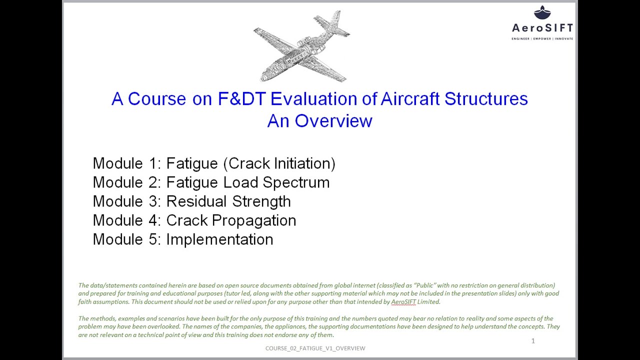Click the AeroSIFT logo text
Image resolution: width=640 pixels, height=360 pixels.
coord(542,28)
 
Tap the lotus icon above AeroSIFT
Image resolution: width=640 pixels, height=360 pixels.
coord(542,12)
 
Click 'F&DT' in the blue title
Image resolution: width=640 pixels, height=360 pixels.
coord(242,99)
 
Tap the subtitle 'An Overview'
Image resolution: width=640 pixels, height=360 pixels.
coord(319,121)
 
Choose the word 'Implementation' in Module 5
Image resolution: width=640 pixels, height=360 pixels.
coord(219,239)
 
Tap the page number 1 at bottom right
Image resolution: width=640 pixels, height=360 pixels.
coord(533,341)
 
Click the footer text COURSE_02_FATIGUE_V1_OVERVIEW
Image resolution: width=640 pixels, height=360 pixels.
coord(315,348)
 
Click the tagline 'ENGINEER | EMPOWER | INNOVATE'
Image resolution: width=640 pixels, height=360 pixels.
coord(542,38)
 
